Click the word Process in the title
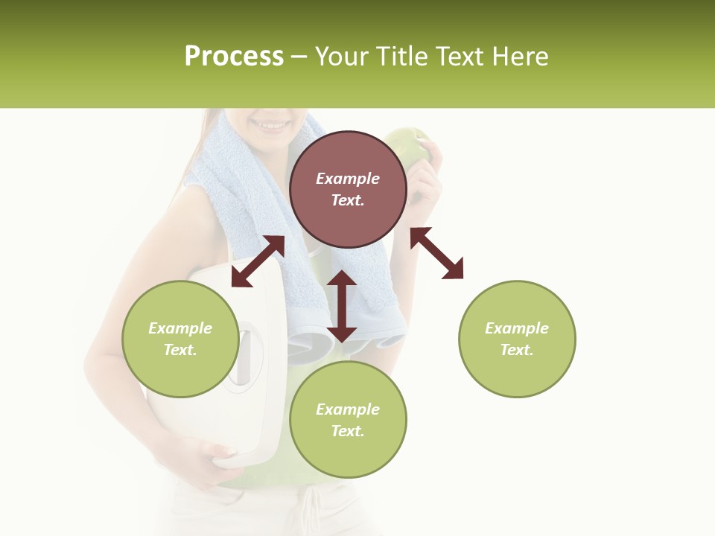(x=234, y=57)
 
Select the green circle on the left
(x=180, y=339)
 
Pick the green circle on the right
(x=517, y=339)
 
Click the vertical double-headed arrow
(x=342, y=306)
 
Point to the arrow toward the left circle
(x=258, y=261)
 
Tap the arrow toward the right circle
(x=436, y=253)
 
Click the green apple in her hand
(x=407, y=145)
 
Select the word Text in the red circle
(x=348, y=200)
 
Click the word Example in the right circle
(x=517, y=328)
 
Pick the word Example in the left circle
(x=180, y=328)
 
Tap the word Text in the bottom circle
(x=348, y=431)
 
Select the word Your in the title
(x=343, y=57)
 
